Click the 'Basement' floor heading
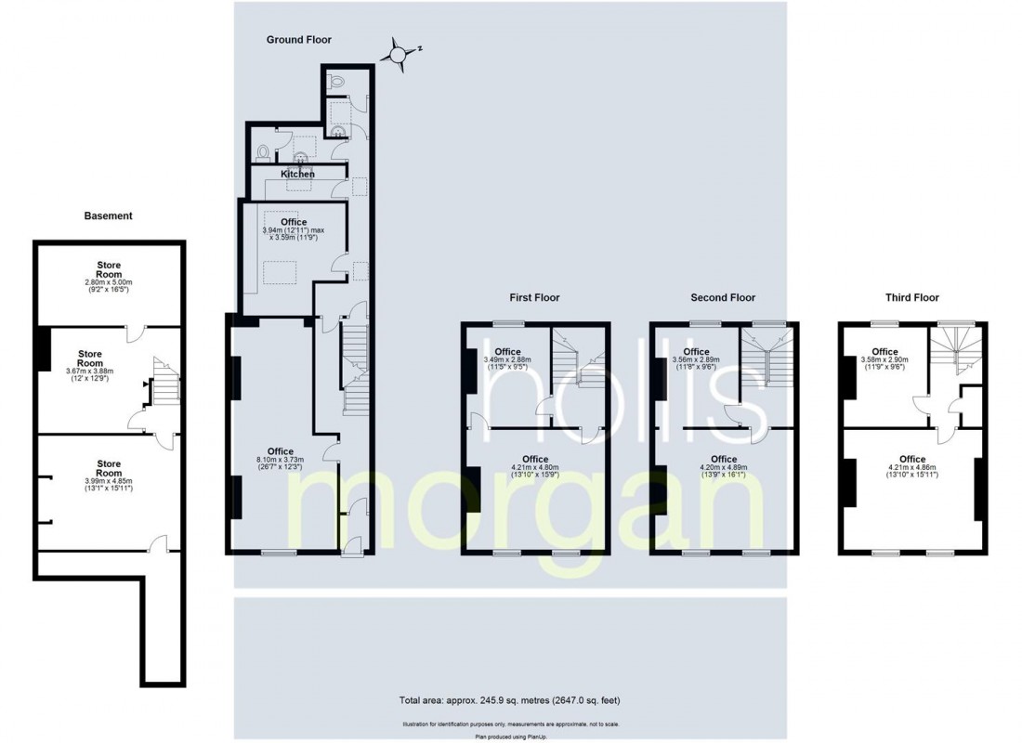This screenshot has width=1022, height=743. coord(109,215)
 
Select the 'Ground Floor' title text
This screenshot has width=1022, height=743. coord(299,39)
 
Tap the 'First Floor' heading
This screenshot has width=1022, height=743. coord(534,298)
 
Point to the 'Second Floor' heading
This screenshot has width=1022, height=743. coord(723,298)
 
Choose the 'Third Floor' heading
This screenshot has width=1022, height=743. coord(911,298)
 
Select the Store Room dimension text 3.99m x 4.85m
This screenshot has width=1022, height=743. coord(109,481)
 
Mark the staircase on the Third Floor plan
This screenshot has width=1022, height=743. coord(957,351)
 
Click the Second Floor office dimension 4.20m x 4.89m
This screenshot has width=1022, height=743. coord(724,468)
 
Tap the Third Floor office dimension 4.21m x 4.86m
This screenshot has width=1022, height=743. coord(912,468)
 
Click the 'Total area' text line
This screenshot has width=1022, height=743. coord(510,698)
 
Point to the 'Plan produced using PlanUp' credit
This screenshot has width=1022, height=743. coord(510,736)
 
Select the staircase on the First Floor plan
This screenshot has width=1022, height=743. coord(578,360)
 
